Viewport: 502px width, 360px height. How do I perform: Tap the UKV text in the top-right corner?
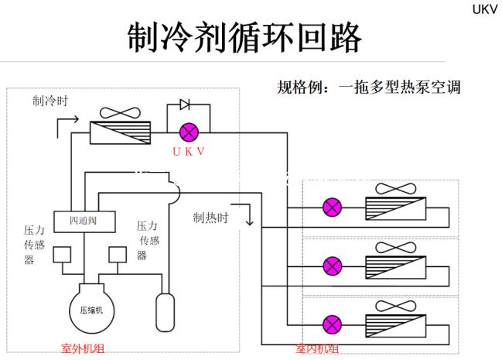(484, 9)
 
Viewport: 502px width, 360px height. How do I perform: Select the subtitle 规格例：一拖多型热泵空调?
(369, 86)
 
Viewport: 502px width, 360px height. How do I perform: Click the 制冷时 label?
(50, 101)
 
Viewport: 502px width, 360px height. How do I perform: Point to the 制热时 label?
(211, 218)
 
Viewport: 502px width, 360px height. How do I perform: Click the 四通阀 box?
(84, 221)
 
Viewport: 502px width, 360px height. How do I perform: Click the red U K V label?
(189, 151)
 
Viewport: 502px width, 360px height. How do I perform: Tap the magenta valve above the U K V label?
(189, 132)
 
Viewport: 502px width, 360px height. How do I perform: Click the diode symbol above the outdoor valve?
(185, 105)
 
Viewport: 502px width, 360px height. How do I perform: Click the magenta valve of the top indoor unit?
(333, 207)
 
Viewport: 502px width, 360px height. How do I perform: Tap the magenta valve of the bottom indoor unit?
(333, 324)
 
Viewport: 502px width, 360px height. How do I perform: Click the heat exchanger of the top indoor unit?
(398, 207)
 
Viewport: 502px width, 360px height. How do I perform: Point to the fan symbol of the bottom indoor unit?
(398, 306)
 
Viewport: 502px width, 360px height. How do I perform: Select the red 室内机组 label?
(317, 349)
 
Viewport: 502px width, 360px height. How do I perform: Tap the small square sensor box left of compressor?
(62, 254)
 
